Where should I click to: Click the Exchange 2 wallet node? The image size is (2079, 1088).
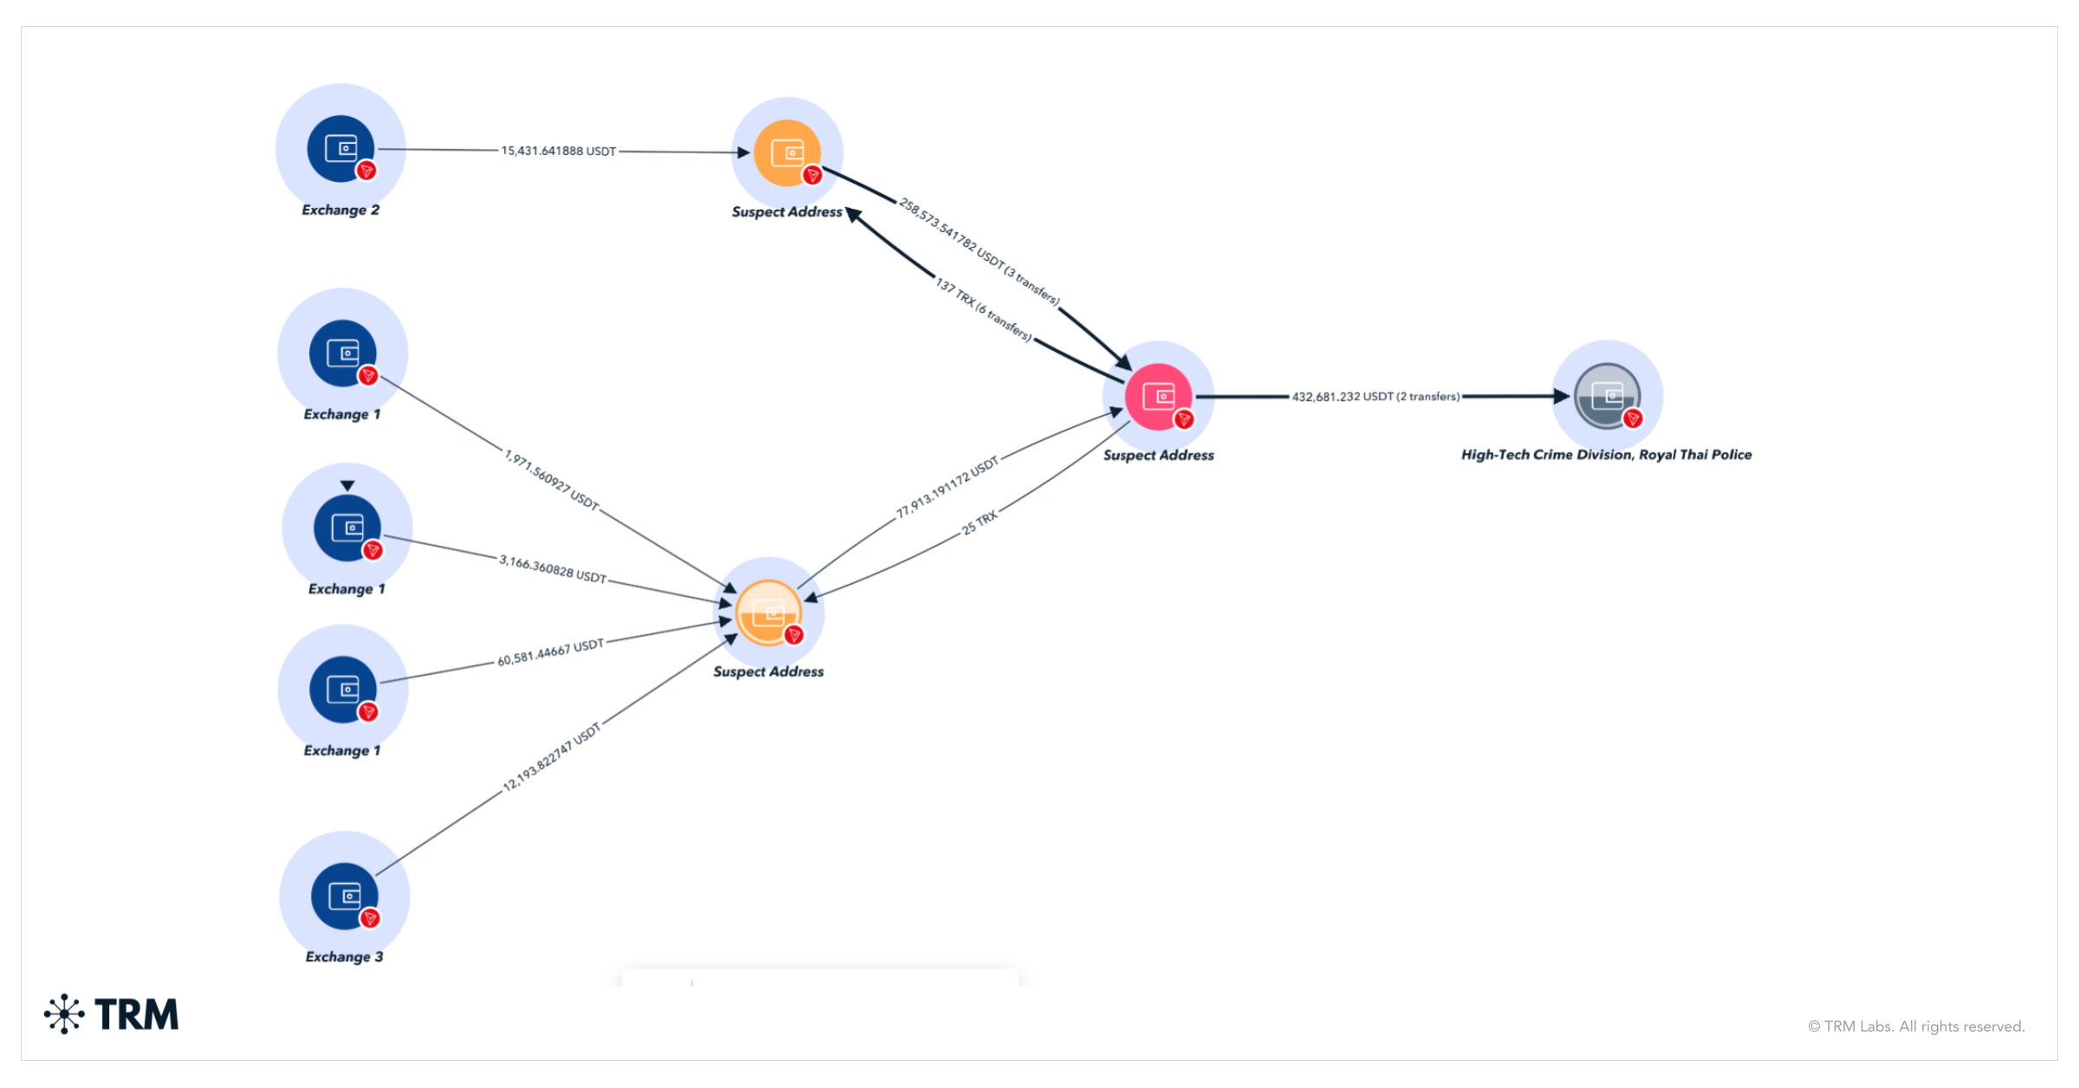341,149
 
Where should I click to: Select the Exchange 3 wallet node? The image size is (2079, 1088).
345,897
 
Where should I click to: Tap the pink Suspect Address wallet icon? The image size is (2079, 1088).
1158,397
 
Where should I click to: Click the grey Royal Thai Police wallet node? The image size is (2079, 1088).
1607,397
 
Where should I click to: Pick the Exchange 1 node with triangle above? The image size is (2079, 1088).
347,528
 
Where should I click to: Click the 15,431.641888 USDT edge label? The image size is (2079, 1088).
559,151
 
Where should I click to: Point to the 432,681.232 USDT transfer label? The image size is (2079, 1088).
1376,397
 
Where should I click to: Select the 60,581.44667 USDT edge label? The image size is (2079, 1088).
550,652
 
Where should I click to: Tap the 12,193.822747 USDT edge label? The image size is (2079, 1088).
552,756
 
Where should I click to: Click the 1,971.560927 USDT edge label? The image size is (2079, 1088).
552,480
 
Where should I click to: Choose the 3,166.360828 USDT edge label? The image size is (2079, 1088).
553,569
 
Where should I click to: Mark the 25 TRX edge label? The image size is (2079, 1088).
980,522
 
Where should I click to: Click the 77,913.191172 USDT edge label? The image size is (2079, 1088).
947,487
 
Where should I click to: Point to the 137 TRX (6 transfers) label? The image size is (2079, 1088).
983,309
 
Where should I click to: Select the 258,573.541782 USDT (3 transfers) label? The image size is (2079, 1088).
979,251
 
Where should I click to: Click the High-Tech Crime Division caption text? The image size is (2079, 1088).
1606,455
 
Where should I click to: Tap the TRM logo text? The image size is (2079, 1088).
136,1014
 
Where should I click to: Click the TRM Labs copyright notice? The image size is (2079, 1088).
1916,1026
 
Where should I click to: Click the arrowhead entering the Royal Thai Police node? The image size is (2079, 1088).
1561,397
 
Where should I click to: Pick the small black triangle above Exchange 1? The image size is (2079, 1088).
347,486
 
